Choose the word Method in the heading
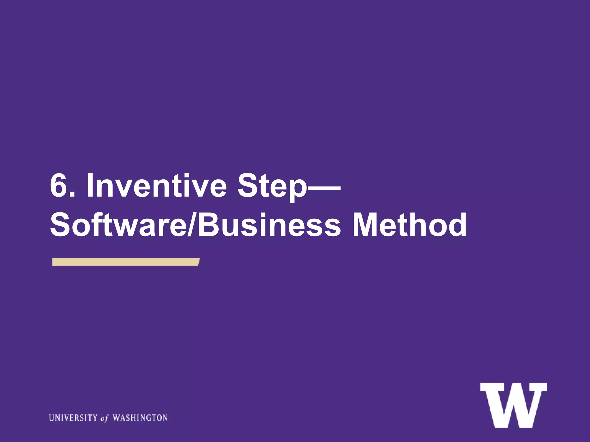[409, 225]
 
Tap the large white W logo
[513, 405]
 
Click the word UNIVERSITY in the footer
[73, 418]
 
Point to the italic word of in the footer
[105, 418]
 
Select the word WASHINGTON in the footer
[140, 418]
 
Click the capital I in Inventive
[90, 186]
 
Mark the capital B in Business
[209, 225]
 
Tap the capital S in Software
[61, 225]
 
